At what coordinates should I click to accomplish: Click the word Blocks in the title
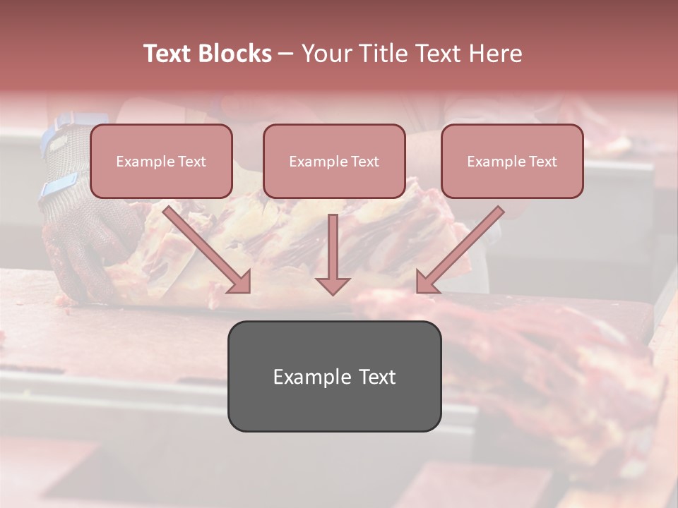coord(235,54)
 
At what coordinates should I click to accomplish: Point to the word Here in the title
coord(496,54)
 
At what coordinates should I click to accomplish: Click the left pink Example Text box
coord(161,162)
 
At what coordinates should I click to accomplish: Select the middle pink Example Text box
coord(334,162)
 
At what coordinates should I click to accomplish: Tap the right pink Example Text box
coord(512,162)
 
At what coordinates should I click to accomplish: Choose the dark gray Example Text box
coord(334,377)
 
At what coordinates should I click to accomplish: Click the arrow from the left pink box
coord(205,247)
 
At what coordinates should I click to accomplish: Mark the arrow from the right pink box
coord(463,247)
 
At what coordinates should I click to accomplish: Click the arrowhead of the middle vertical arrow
coord(333,286)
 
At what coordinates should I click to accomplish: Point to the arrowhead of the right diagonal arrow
coord(427,282)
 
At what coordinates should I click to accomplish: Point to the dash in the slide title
coord(286,54)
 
